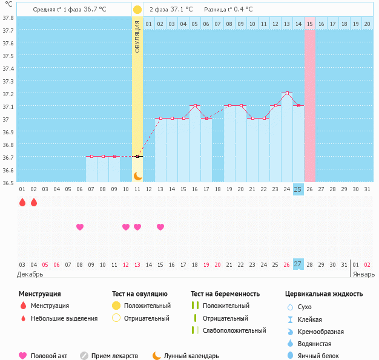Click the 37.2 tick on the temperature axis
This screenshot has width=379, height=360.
click(8, 94)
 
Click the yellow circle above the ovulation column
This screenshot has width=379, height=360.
click(137, 10)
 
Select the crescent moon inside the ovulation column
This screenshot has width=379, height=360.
click(137, 175)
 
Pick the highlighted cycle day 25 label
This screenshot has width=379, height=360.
click(298, 189)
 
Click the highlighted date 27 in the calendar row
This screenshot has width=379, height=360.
click(298, 264)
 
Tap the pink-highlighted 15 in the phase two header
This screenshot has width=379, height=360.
click(309, 24)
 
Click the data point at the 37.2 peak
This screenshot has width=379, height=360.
click(286, 93)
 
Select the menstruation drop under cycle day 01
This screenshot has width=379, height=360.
click(22, 202)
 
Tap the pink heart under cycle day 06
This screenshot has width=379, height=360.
click(79, 227)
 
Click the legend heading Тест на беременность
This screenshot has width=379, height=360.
click(225, 294)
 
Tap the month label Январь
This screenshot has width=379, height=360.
click(364, 274)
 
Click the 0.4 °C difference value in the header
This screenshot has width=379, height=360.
click(242, 10)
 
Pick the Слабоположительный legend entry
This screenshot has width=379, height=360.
click(234, 330)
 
